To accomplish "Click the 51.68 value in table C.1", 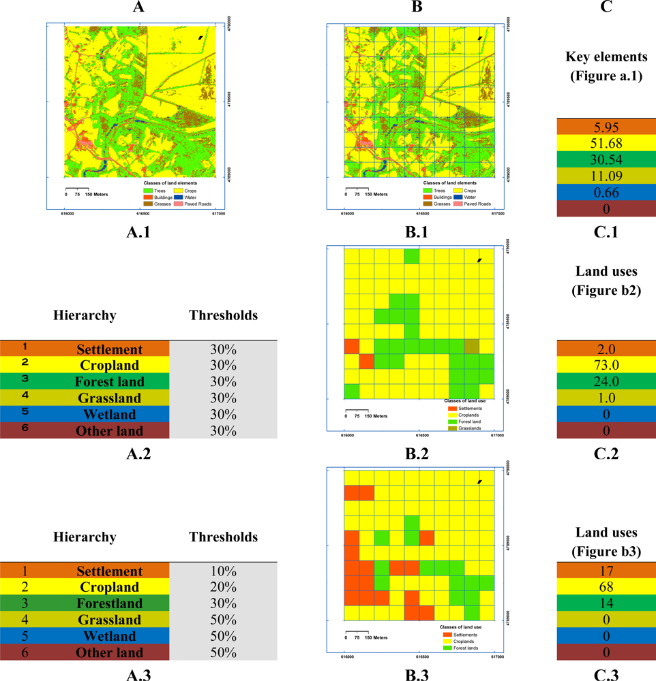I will pos(606,143).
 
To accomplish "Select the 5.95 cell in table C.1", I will pos(606,127).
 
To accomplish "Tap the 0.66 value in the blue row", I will pos(606,192).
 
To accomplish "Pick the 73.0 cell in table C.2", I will pos(606,365).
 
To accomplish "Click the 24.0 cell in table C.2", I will pos(606,381).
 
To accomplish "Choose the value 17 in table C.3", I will pos(606,571).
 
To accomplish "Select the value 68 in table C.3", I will pos(606,587).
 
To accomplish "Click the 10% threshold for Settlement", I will pos(223,571).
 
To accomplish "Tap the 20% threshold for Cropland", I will pos(223,587).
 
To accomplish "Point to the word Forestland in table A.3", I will pos(109,603).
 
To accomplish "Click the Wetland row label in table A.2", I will pos(109,414).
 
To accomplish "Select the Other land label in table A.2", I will pos(109,430).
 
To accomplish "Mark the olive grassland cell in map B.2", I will pos(471,346).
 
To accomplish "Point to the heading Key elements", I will pos(606,57).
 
